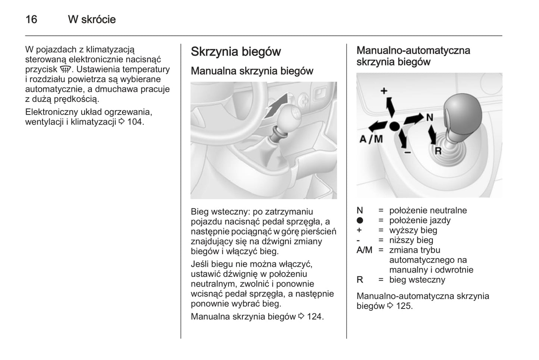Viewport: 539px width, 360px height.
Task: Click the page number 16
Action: coord(31,19)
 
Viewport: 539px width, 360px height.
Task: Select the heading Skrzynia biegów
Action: coord(236,52)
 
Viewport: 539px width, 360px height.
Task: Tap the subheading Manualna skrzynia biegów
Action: coord(252,71)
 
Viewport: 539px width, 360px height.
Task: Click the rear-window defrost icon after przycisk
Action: coord(66,69)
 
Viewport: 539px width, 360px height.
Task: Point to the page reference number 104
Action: coord(135,122)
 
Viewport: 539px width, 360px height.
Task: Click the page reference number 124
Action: coord(315,317)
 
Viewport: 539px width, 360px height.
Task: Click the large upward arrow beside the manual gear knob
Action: coord(276,106)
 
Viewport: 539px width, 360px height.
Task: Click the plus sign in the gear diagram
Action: coord(384,91)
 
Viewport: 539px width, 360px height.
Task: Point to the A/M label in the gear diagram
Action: coord(371,139)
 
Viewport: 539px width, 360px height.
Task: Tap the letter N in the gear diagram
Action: coord(430,118)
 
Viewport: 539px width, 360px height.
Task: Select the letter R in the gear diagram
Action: coord(438,151)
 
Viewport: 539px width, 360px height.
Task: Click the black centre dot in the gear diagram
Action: coord(394,126)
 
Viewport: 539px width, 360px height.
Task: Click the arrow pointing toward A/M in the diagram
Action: coord(378,126)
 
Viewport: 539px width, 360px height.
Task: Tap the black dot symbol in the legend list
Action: coord(360,220)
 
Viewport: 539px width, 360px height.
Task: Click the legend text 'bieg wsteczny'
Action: coord(417,280)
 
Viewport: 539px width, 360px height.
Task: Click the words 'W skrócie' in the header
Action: coord(92,19)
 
